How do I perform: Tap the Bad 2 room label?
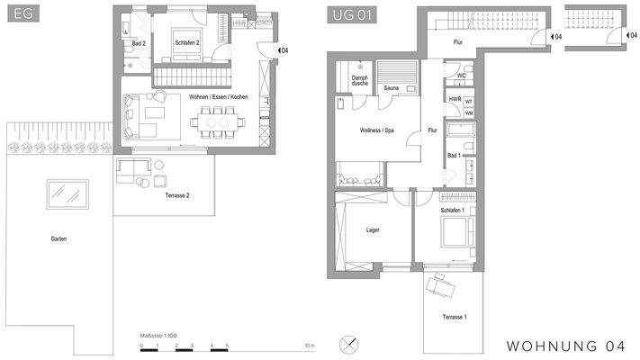139,43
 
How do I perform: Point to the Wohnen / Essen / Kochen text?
219,96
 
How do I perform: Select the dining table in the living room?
216,119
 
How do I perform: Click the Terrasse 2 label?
176,195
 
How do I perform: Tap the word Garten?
59,238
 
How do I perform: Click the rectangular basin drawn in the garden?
68,193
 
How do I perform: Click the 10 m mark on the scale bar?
308,345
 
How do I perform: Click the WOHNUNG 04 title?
566,346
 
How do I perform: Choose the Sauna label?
391,88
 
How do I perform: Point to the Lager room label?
373,229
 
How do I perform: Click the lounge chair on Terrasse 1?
440,286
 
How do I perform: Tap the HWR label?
455,99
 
